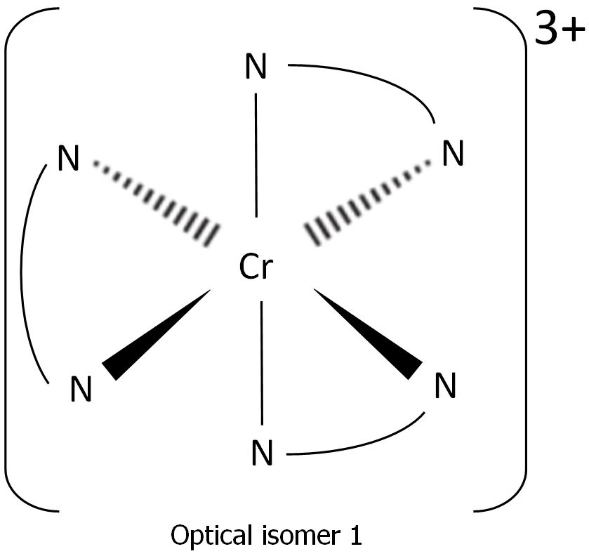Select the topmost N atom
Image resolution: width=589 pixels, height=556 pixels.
pos(256,68)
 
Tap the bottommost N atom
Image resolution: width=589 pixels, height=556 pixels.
pos(262,454)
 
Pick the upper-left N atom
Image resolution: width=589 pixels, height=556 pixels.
pos(67,159)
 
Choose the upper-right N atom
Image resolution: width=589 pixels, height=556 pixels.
pos(453,154)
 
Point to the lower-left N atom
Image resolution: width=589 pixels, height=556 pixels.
pos(81,390)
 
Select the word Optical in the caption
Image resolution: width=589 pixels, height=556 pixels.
pos(206,536)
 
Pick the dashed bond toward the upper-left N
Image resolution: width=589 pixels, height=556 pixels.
pos(156,200)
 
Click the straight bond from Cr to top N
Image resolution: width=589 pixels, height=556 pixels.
pos(256,154)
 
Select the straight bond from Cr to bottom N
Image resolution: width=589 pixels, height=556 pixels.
pos(262,362)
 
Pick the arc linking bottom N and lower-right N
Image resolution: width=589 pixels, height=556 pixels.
pos(365,444)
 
